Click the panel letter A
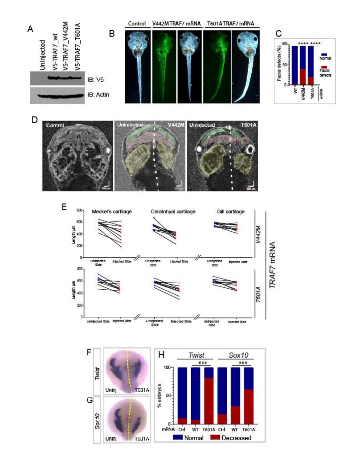tap(30, 29)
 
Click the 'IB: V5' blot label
tap(95, 80)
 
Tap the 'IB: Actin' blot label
tap(98, 95)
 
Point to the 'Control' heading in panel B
tap(137, 24)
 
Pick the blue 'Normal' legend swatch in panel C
tap(324, 54)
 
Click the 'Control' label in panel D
tap(55, 125)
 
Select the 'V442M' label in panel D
tap(176, 125)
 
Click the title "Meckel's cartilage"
tap(112, 212)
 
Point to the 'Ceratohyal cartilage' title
tap(173, 212)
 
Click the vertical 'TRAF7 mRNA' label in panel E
tap(272, 265)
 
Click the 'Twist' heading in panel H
tap(196, 355)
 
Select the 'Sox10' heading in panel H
tap(238, 355)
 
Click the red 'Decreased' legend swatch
tap(215, 438)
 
